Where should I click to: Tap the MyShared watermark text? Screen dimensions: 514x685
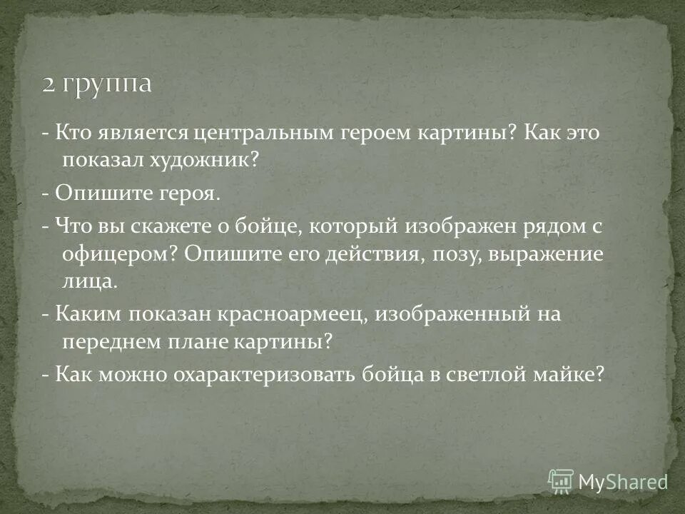(623, 481)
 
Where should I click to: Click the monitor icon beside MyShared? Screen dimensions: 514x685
(561, 481)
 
